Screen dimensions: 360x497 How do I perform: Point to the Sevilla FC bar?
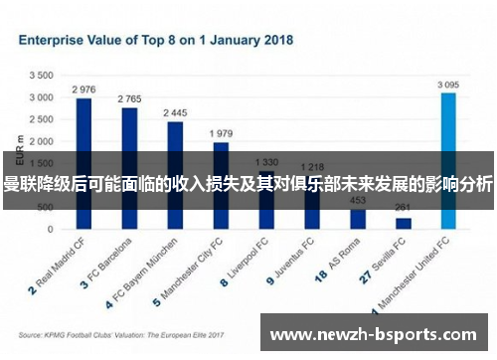[x=404, y=223]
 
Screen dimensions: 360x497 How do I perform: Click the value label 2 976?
[x=83, y=90]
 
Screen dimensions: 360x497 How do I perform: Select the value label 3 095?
[x=449, y=85]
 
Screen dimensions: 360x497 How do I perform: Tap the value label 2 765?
[x=129, y=99]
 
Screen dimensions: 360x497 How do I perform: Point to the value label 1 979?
[x=221, y=133]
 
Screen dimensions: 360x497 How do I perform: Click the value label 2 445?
[x=175, y=113]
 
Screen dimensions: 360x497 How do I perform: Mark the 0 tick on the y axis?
[x=50, y=229]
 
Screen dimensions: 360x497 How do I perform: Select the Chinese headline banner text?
[x=248, y=183]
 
